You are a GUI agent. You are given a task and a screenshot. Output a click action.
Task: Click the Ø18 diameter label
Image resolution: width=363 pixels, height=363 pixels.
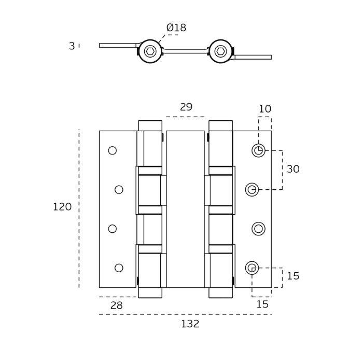(x=176, y=28)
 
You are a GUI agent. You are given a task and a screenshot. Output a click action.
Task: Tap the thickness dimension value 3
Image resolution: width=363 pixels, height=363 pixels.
(x=72, y=46)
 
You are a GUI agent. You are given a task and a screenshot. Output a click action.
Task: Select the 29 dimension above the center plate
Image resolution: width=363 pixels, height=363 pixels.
(x=186, y=107)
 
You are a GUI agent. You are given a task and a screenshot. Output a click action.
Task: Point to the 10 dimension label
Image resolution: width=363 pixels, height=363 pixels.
(x=265, y=109)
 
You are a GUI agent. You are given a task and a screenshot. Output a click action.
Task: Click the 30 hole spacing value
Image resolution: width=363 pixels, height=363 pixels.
(x=293, y=170)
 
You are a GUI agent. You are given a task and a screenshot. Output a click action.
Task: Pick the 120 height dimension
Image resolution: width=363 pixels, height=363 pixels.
(x=62, y=207)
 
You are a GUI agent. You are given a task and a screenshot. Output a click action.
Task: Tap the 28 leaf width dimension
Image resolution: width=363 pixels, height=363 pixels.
(x=117, y=306)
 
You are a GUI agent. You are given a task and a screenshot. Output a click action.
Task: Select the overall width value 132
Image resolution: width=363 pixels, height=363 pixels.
(x=190, y=324)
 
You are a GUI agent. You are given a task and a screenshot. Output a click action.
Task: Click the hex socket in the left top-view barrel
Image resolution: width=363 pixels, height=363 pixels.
(x=150, y=51)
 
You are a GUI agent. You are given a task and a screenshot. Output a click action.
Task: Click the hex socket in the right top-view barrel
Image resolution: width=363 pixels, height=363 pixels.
(x=220, y=51)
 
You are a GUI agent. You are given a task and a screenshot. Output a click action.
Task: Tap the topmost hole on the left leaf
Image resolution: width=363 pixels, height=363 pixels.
(x=113, y=150)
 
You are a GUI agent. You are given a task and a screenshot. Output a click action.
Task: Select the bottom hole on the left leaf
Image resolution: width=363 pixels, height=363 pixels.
(x=119, y=268)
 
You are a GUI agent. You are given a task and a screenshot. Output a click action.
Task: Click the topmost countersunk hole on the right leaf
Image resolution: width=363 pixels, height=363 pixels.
(x=258, y=150)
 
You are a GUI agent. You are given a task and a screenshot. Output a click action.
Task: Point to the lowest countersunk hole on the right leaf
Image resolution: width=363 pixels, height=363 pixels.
(x=252, y=268)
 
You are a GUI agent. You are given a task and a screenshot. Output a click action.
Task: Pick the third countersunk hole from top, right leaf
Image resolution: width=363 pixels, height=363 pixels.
(x=258, y=229)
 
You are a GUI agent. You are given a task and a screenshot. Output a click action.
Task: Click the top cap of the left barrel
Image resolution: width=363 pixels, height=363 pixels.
(x=150, y=125)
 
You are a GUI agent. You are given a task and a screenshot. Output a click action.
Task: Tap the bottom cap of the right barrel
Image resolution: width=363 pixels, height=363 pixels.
(x=220, y=293)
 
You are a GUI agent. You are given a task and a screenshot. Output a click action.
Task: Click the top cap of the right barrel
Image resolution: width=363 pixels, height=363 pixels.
(x=220, y=125)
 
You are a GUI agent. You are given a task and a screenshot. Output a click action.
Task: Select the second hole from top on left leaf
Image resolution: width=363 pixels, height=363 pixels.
(x=119, y=189)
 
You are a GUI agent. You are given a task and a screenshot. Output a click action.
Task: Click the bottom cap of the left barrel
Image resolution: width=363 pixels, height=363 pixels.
(x=150, y=293)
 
